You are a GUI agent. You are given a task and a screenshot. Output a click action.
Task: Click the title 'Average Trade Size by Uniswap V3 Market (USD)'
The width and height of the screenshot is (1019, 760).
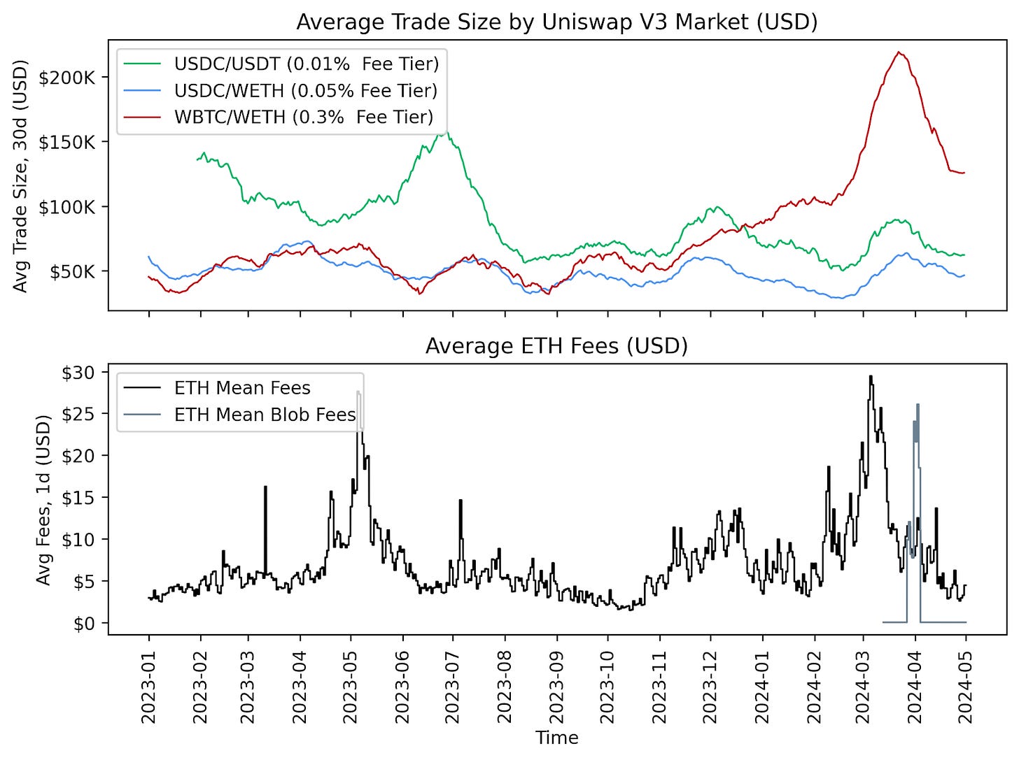556,22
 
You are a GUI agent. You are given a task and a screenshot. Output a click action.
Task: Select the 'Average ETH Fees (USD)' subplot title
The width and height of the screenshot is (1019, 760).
556,346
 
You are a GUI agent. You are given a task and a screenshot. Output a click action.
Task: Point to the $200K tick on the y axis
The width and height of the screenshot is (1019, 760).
66,77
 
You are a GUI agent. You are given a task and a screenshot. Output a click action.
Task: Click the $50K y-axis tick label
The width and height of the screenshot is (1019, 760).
71,271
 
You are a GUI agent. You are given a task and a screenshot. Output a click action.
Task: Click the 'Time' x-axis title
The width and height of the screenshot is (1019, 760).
556,738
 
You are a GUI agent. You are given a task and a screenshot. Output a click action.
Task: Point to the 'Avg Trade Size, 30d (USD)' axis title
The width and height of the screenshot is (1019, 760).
20,176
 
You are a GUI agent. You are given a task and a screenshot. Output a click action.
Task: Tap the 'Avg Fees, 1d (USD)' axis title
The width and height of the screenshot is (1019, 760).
43,500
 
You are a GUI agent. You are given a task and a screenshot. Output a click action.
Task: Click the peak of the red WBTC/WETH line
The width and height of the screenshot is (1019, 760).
899,52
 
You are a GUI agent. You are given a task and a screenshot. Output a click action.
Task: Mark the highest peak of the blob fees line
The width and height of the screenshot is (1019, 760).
918,405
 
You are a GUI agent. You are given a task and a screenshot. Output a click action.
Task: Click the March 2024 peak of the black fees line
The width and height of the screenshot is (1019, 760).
871,377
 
